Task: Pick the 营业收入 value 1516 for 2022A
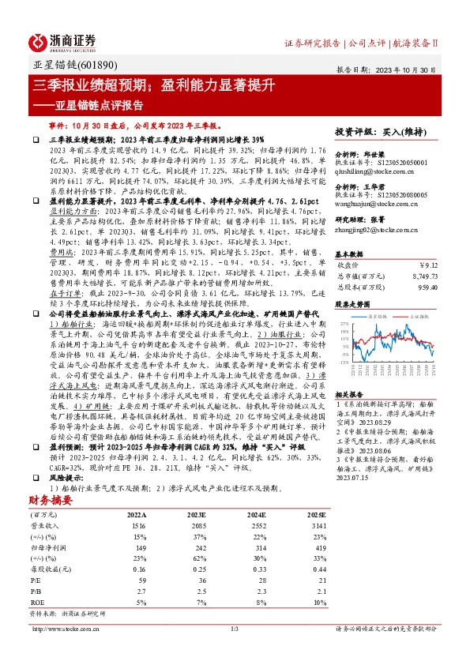tap(140, 503)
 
